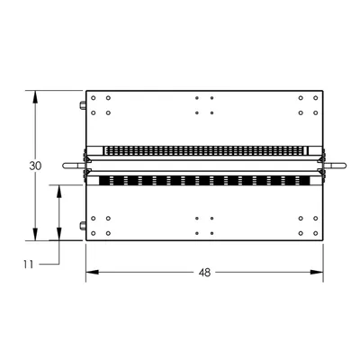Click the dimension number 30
click(35, 166)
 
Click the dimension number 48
click(204, 273)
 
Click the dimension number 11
click(29, 265)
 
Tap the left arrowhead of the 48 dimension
click(93, 272)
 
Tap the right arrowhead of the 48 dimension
click(317, 272)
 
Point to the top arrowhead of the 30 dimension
click(35, 97)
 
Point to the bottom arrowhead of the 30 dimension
click(35, 234)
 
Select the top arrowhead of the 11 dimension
click(59, 191)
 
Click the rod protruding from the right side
click(335, 166)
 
